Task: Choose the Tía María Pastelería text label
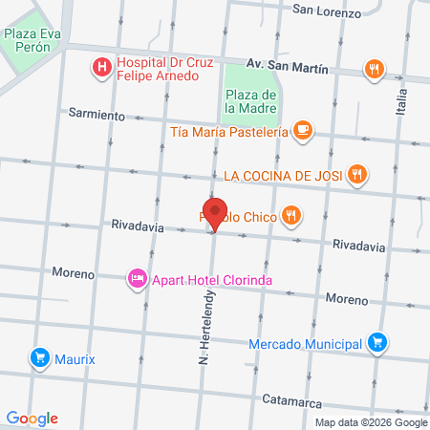(x=228, y=132)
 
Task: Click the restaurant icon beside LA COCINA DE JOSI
(x=356, y=174)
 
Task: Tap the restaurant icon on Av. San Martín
(x=374, y=69)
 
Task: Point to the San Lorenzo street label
(x=327, y=12)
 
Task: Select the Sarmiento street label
(x=97, y=114)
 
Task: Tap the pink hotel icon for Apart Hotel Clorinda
(x=137, y=279)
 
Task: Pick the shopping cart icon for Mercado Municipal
(x=377, y=343)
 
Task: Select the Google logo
(x=32, y=419)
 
